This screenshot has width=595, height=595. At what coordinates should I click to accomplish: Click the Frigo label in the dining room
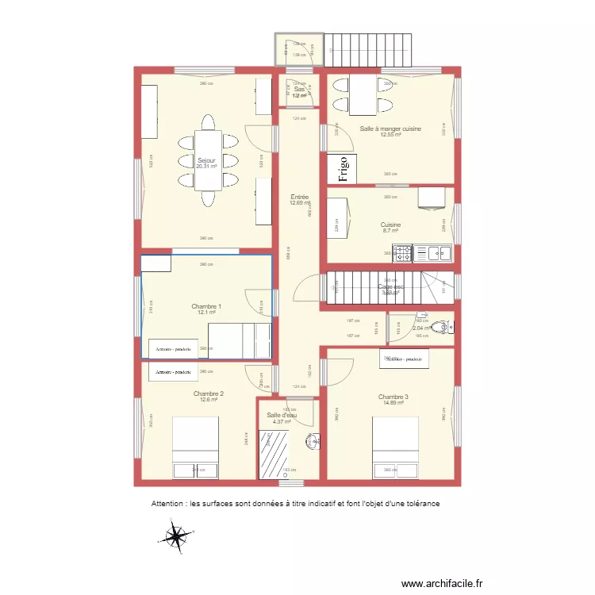(344, 169)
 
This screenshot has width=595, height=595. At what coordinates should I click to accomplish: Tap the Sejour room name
(206, 161)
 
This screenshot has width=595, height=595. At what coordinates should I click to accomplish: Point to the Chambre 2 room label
(208, 393)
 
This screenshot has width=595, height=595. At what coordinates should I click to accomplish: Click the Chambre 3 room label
(393, 397)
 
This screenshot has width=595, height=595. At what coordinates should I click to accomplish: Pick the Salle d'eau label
(278, 415)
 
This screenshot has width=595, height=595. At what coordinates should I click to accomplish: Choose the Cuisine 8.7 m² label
(391, 225)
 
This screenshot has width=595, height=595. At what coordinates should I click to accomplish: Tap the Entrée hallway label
(299, 197)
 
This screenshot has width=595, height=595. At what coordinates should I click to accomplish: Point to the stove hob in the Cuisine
(402, 254)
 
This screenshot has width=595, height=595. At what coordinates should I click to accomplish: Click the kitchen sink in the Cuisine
(433, 254)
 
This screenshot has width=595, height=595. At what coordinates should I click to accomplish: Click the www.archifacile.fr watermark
(441, 583)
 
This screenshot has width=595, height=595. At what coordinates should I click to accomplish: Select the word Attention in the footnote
(167, 504)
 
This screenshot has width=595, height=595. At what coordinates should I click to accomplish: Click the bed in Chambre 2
(195, 449)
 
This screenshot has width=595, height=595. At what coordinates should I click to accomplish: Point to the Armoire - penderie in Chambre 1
(174, 348)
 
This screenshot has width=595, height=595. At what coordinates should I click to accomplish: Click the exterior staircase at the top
(370, 52)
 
